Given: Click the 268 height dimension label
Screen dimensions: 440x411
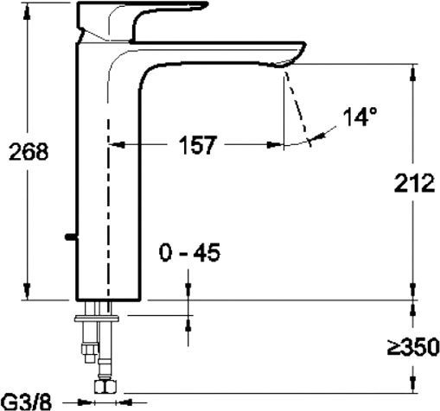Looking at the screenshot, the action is (29, 152).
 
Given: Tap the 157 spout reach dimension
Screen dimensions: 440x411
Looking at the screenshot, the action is (197, 145).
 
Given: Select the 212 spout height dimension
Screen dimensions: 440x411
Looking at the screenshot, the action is (414, 183).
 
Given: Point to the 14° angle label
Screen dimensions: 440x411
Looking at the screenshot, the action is (360, 117).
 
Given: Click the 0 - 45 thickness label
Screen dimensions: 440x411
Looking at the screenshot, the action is (189, 252).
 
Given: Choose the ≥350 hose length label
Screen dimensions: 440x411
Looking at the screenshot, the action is (413, 348).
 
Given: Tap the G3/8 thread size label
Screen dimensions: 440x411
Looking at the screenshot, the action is (29, 402).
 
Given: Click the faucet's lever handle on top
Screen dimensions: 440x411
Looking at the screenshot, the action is (141, 22).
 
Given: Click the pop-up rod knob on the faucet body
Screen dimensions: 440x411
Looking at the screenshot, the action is (71, 237).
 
